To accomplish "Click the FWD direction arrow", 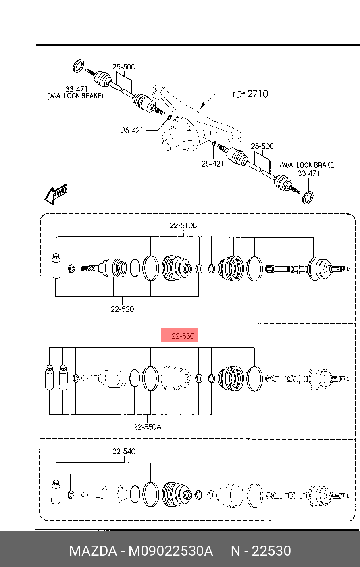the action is tap(56, 194).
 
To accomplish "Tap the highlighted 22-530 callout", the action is tap(180, 335).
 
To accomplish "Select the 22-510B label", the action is tap(183, 225).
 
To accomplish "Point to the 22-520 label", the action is tap(122, 309).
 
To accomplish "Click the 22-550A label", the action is tap(147, 427).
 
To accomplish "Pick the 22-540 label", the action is tap(124, 451).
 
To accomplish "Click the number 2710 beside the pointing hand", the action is tap(258, 94).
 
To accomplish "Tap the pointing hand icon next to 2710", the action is tap(239, 94).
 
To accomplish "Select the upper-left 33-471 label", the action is tap(77, 89).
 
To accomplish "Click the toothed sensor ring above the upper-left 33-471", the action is tap(78, 65).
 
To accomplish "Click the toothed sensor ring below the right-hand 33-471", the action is tap(308, 198).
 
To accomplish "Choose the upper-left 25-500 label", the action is tap(124, 67).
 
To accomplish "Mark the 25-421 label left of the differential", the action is tap(132, 131).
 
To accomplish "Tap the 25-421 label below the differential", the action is tap(212, 164).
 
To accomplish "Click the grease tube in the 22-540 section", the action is tap(56, 492).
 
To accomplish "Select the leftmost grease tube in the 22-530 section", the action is tap(50, 377).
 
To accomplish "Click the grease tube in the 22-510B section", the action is tap(56, 266).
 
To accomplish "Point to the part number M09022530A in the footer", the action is tap(171, 551).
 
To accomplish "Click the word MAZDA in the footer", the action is tap(93, 551).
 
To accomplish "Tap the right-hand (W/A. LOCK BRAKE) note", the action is tap(308, 165).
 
